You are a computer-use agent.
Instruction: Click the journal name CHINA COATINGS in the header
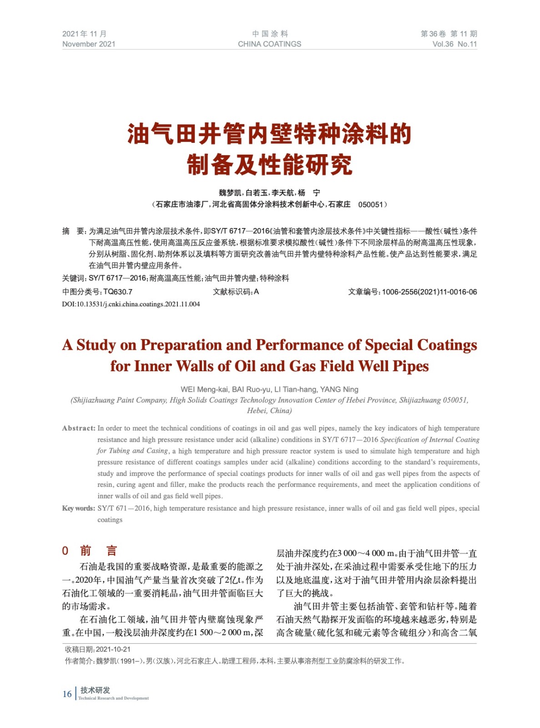click(269, 44)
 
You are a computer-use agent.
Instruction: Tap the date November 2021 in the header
click(89, 44)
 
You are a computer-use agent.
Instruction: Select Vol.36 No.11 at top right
click(454, 44)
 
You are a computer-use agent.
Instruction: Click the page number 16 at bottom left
click(67, 694)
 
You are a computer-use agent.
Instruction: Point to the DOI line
click(131, 304)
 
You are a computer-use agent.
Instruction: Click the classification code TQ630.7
click(118, 292)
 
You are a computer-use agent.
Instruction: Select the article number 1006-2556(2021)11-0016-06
click(429, 292)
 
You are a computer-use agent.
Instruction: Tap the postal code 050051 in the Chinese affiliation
click(370, 205)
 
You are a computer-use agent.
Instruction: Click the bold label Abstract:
click(79, 428)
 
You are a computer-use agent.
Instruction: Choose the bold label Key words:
click(79, 508)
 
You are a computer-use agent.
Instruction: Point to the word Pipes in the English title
click(410, 366)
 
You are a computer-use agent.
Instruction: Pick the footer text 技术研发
click(95, 690)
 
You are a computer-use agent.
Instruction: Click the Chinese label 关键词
click(74, 278)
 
